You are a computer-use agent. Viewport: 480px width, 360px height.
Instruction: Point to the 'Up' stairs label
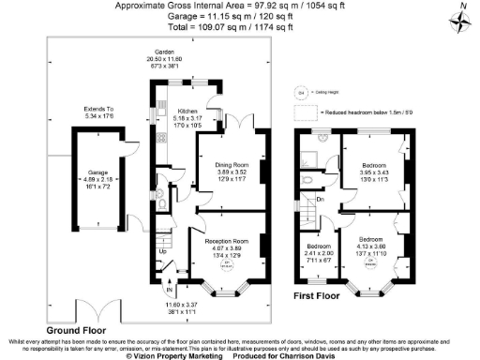coord(162,251)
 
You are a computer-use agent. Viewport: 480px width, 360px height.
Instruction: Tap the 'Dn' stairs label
coord(320,199)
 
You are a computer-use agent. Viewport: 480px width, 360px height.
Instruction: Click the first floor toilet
coord(307,176)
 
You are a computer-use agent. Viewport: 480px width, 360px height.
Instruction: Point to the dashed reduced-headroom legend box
coord(307,113)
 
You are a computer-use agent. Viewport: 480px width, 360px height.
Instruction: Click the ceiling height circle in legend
coord(302,93)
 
